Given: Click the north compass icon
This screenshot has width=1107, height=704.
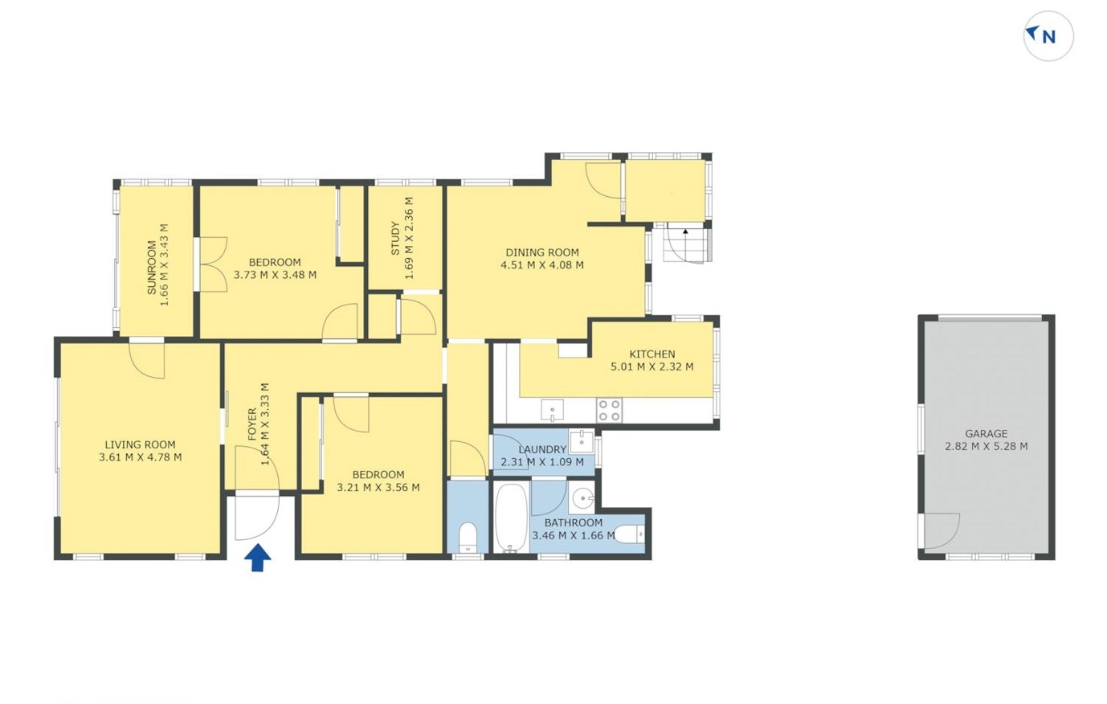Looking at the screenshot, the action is point(1048,36).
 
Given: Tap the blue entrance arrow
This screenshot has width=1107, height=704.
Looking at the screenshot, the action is point(258,558).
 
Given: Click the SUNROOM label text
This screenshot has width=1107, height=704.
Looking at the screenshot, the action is point(152,268).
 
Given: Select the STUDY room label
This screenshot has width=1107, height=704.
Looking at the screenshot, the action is point(395,239).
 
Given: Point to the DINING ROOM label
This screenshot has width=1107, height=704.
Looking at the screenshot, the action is point(542,252).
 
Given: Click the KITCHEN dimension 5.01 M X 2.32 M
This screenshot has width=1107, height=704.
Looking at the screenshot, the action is point(652,366).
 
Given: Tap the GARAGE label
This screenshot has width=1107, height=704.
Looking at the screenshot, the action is point(986,434).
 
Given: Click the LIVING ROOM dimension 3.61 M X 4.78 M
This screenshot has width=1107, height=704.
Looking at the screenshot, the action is point(141,457).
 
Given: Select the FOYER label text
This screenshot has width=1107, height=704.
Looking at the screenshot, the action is point(252,424).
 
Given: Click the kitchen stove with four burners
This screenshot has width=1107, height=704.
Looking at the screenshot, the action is point(609,411).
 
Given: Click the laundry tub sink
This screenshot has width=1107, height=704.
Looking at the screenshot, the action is point(581,441).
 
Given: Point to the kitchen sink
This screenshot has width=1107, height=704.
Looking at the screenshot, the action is point(552,411).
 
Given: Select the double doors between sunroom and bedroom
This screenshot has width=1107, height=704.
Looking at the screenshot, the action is point(214,264).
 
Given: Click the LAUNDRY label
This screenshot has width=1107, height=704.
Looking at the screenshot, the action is point(542,449).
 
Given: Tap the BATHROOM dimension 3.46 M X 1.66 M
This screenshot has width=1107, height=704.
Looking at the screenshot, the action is point(574,535).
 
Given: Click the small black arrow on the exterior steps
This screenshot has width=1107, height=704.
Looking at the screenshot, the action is point(685,231).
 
